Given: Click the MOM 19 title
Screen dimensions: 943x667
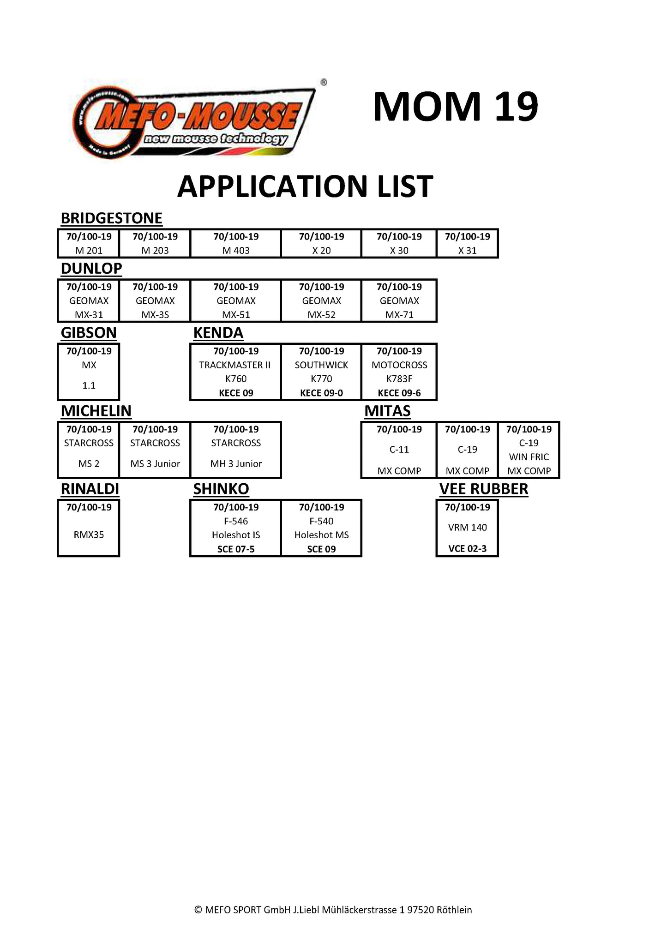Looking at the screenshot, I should (455, 107).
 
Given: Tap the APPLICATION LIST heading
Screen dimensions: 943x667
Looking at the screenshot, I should (305, 186).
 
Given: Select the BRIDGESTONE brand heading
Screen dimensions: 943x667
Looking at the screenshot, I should (111, 218).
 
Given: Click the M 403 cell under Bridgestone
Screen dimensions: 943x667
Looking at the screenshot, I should (236, 244).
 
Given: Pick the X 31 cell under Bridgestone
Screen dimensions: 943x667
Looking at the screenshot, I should (467, 244).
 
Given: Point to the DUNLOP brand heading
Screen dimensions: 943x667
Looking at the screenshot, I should (91, 268).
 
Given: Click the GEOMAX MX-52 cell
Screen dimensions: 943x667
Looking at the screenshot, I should (321, 301).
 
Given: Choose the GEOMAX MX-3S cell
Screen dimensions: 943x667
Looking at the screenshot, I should (155, 301).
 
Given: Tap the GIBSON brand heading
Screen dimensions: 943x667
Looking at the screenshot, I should (89, 333).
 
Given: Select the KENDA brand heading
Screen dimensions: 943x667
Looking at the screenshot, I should (218, 333).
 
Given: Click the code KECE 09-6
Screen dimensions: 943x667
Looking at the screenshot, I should (399, 393).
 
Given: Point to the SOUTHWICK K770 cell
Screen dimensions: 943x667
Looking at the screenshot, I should (321, 372).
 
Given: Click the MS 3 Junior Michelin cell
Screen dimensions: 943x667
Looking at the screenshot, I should (155, 450).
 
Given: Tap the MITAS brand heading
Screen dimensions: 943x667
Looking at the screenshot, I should (387, 411).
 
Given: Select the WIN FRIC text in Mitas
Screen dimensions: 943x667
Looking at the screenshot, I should (529, 457).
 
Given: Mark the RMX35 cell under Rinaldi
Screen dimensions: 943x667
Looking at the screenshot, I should (89, 535).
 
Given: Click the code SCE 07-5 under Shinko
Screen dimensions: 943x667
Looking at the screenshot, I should (236, 549).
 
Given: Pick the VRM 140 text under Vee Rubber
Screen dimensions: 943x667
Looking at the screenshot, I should (467, 527).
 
